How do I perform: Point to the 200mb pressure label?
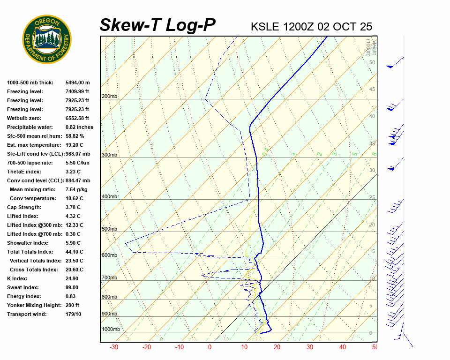coord(109,96)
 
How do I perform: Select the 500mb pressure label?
coord(109,229)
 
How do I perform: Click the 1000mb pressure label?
coord(111,329)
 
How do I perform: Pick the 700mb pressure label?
coord(109,278)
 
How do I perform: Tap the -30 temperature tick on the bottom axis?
coord(113,347)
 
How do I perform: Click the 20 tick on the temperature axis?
coord(277,347)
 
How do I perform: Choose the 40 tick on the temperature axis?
coord(343,347)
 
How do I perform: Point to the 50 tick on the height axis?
coord(372,62)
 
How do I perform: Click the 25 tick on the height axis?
coord(372,197)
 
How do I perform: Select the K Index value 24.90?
coord(73,278)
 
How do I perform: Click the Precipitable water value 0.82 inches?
coord(79,127)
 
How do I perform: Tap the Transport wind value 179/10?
coord(73,314)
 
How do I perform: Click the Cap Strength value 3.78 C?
coord(73,207)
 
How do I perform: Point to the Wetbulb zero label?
coord(24,118)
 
